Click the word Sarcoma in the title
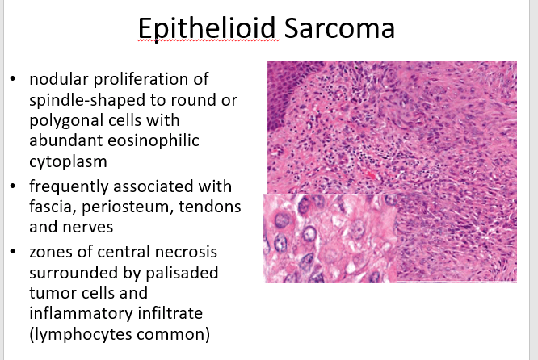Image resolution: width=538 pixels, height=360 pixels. click(339, 27)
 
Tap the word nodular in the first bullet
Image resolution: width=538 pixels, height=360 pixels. click(59, 79)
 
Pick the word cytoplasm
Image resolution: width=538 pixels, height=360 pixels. click(68, 162)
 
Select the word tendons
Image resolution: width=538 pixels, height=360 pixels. click(210, 207)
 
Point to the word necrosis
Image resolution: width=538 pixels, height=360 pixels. click(186, 252)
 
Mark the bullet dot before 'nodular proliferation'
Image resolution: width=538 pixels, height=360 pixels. click(13, 79)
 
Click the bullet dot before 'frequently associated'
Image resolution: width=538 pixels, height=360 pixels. click(13, 186)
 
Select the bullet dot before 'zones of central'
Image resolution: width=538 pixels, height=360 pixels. click(13, 252)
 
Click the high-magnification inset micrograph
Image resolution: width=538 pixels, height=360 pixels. click(330, 238)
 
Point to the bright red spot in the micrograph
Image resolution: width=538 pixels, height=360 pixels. click(371, 175)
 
